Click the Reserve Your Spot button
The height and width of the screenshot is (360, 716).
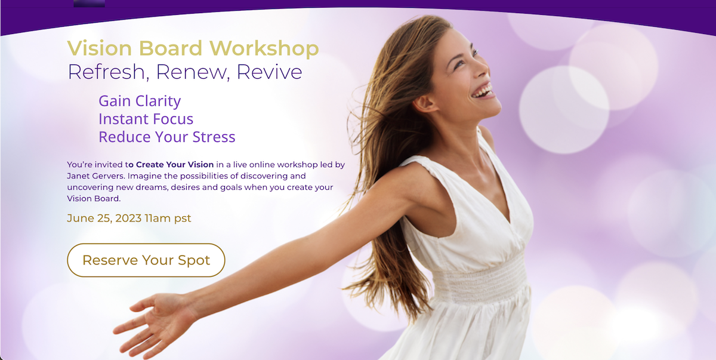coord(146,260)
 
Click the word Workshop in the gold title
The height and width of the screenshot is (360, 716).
coord(264,48)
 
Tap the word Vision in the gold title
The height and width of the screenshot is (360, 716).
coord(100,48)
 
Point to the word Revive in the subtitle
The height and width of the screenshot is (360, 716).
coord(269,72)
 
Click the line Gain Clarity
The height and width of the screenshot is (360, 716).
coord(140,101)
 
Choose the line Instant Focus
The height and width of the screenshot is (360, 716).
coord(146,119)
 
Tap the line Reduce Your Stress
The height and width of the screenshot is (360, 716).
coord(167,137)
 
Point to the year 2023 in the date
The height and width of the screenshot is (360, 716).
coord(128,218)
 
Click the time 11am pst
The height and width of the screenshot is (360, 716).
coord(168,218)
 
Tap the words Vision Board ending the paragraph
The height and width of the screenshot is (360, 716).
coord(93,199)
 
